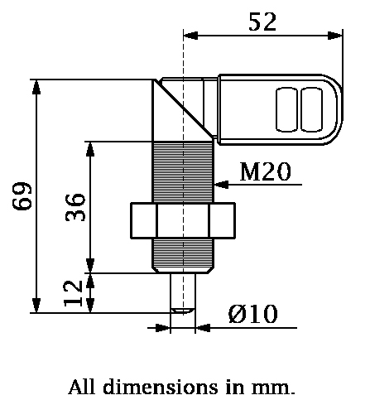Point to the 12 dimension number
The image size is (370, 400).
point(74,292)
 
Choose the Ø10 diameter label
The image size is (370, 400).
point(252,314)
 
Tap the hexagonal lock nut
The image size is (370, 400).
point(183,221)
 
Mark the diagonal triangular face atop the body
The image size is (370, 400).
point(170,104)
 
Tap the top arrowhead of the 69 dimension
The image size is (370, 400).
point(36,87)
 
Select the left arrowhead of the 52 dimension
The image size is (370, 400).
point(191,35)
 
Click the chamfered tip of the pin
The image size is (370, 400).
point(183,310)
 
